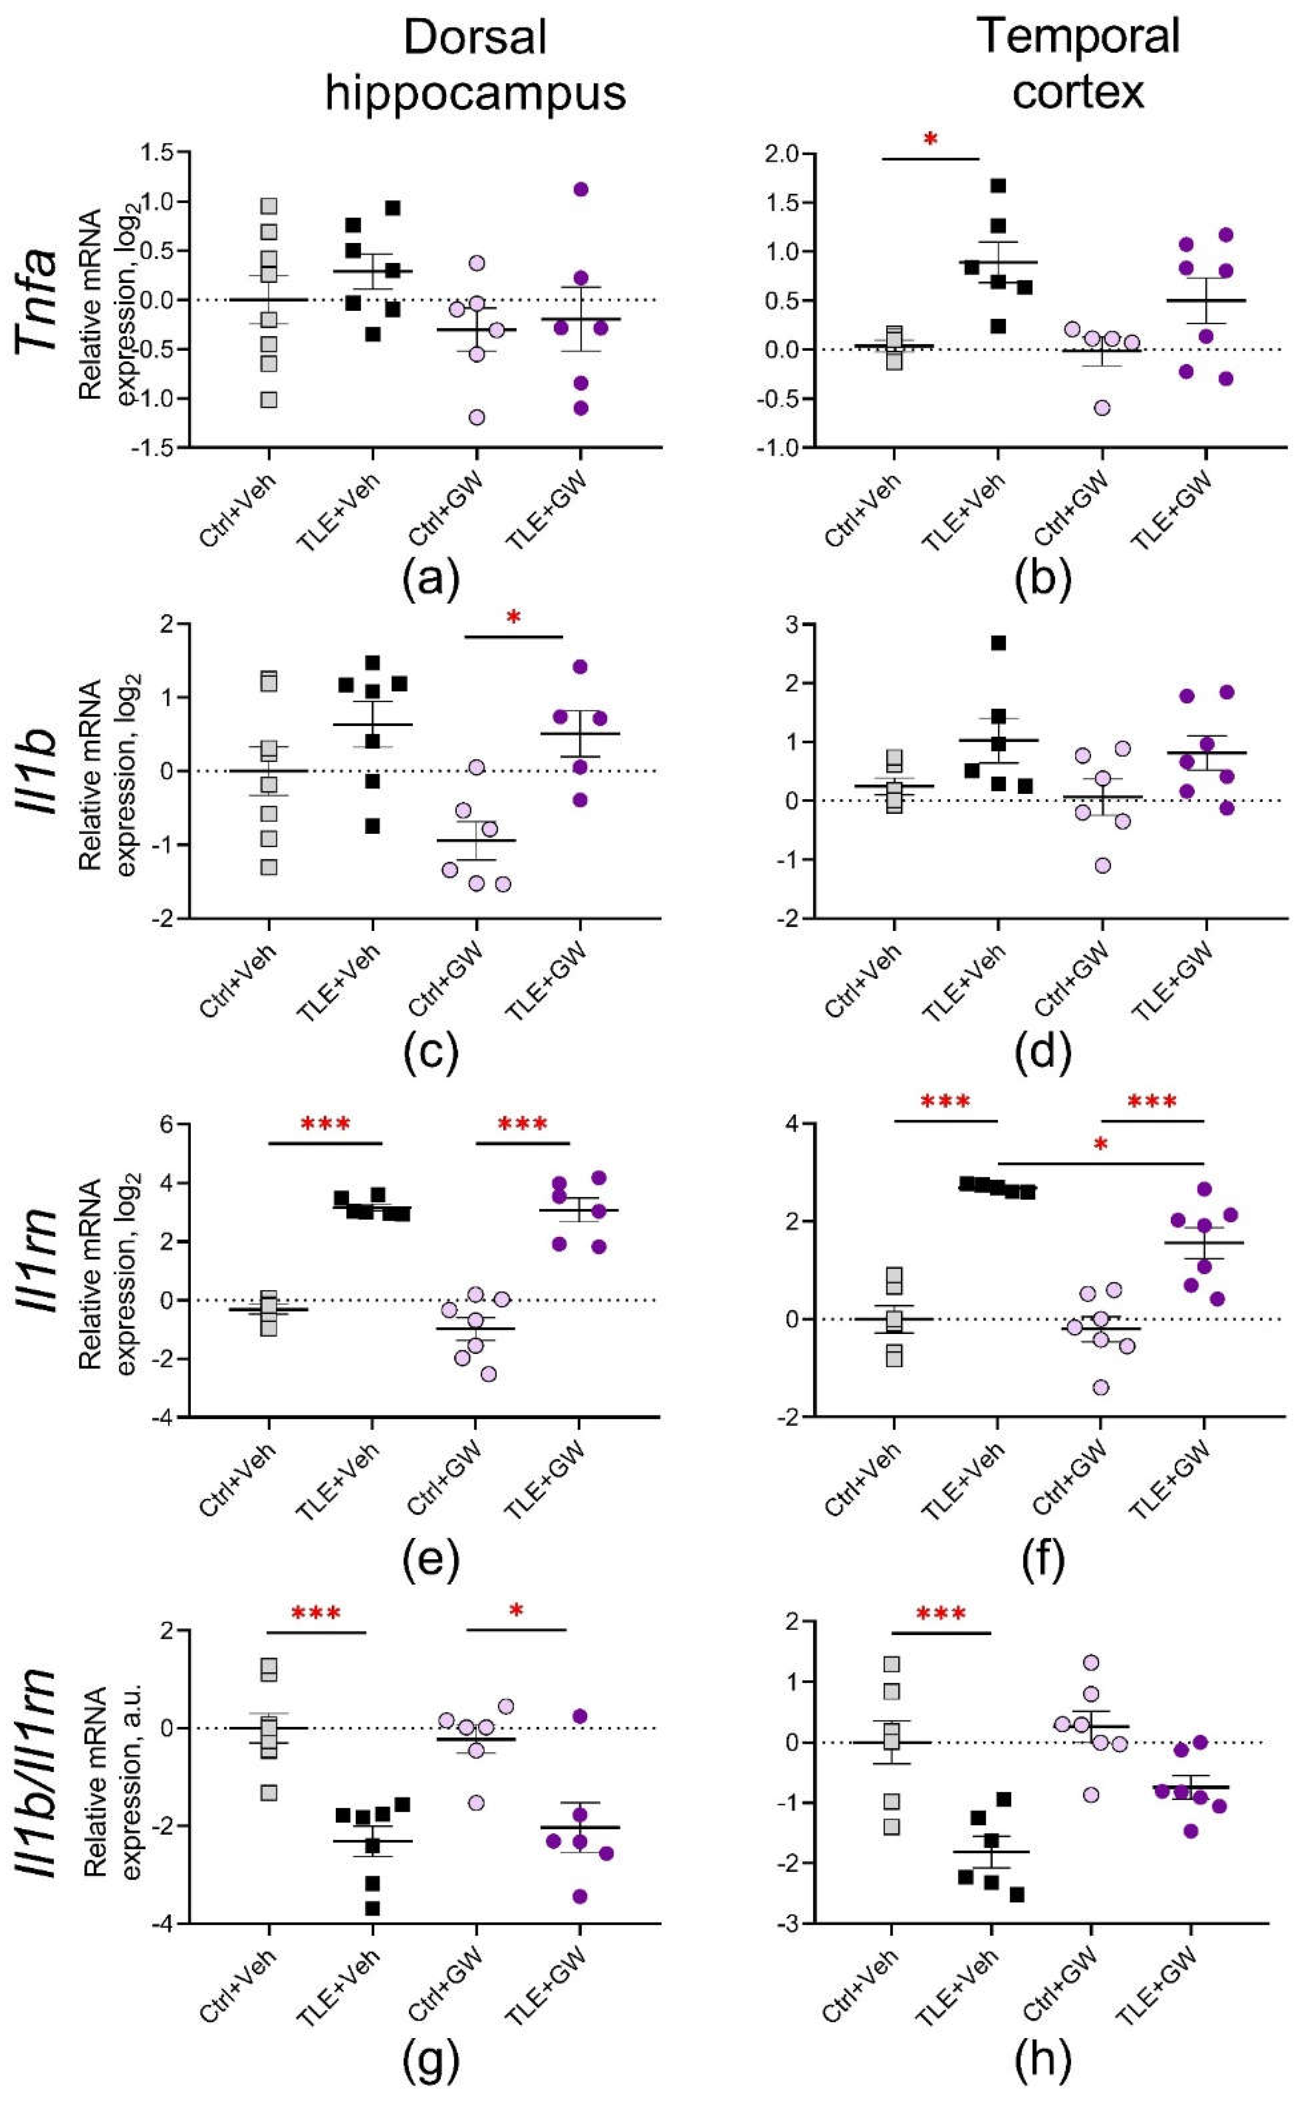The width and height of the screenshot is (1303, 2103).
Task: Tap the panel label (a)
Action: click(x=431, y=579)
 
